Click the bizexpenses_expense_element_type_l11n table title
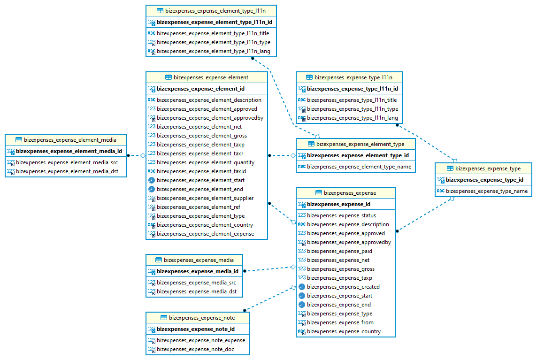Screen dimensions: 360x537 tap(215, 10)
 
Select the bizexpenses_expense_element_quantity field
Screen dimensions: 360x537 tap(206, 162)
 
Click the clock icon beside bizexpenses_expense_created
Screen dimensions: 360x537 tap(302, 287)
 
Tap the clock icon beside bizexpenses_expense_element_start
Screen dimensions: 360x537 tap(152, 180)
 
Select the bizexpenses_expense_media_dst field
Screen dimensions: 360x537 tap(196, 291)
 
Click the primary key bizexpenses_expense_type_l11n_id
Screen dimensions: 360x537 tap(352, 89)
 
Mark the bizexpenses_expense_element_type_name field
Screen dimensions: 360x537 tap(359, 167)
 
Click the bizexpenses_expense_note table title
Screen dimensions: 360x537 tap(202, 318)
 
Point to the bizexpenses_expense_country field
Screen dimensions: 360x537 tap(344, 331)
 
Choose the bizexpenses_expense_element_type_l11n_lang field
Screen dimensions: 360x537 tap(213, 51)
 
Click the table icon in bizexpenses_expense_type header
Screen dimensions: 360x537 tap(450, 169)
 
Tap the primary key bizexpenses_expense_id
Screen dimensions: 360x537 tap(338, 204)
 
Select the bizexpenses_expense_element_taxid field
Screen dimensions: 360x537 tap(201, 171)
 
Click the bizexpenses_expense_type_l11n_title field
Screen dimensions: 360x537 tap(352, 100)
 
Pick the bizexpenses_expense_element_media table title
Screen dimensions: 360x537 tap(70, 140)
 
